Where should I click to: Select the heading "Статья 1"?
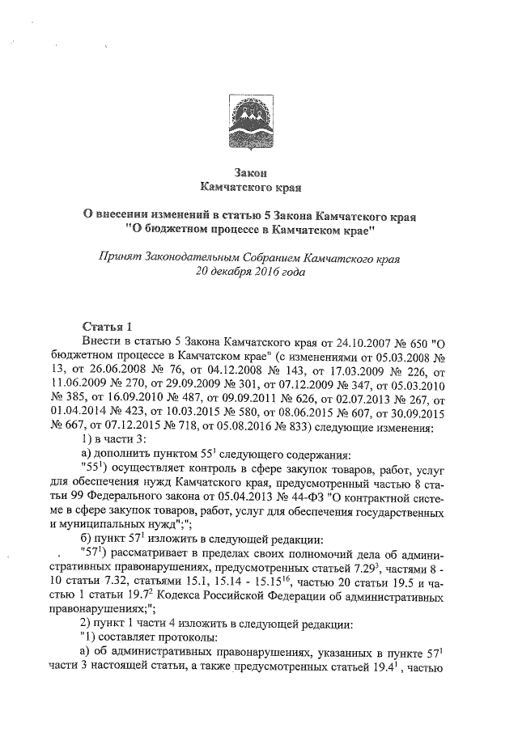pyautogui.click(x=106, y=326)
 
